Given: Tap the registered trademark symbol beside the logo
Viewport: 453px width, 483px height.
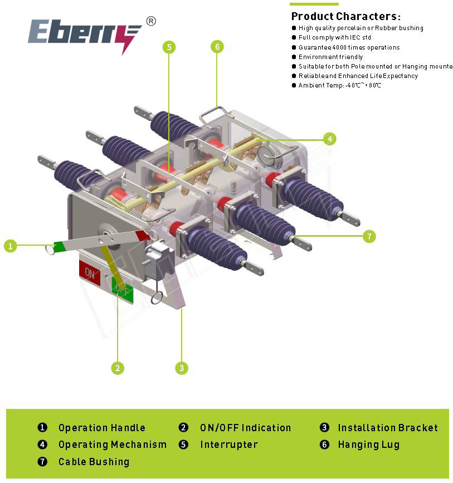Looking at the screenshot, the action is pos(151,21).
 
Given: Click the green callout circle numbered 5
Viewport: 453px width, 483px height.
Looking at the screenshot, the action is pos(169,47).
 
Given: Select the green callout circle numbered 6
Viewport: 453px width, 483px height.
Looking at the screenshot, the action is pos(217,47).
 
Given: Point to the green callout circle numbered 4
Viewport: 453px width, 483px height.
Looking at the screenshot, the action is pos(330,139).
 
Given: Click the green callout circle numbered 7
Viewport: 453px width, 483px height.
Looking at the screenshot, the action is pos(369,237).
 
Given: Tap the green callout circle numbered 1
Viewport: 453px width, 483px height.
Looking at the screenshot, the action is pos(11,246).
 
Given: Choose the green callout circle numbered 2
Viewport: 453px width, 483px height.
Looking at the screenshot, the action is pos(118,368).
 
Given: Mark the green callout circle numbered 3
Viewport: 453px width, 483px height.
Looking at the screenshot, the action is pos(182,368).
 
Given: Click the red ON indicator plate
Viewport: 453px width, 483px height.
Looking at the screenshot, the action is pos(90,273).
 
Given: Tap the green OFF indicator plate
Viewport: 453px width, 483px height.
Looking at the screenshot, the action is pos(123,289).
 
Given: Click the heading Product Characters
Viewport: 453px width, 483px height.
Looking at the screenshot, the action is pos(346,16).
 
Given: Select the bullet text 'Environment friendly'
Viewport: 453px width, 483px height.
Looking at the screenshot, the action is pos(330,57).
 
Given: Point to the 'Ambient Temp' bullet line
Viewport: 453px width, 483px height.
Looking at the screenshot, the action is pos(339,85).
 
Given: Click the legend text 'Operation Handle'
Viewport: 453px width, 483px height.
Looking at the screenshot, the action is pos(102,427).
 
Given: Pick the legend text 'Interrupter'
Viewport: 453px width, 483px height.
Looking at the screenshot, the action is pos(229,445).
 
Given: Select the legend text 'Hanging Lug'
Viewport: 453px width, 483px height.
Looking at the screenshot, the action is pos(368,445).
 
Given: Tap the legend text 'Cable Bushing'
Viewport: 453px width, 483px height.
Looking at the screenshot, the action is pos(94,462).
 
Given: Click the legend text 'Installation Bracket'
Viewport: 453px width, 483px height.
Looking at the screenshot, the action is pos(388,427).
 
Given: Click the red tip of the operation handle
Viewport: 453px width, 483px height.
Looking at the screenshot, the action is pos(143,236).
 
